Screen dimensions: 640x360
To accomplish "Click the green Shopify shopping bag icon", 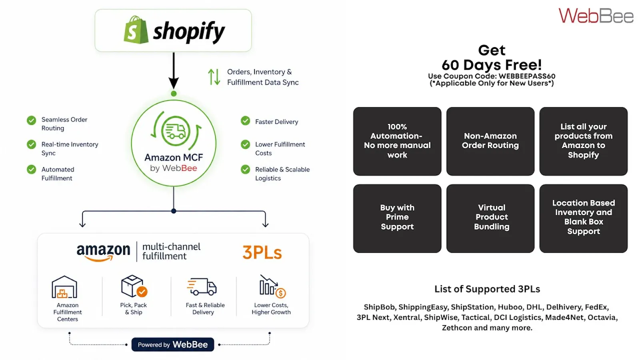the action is [x=136, y=30].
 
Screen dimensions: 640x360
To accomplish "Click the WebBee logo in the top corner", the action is [x=596, y=16].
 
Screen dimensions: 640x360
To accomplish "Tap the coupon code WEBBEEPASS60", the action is [x=527, y=76].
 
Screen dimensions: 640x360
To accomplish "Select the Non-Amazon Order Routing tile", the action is [x=490, y=141].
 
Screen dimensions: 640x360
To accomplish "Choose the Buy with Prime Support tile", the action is [x=397, y=218].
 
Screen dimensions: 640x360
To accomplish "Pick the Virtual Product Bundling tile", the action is [x=490, y=218].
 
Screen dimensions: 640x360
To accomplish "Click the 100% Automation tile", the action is [x=397, y=141].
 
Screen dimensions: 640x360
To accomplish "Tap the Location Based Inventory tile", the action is [x=584, y=218].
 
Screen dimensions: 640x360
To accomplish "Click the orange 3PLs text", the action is [x=262, y=252].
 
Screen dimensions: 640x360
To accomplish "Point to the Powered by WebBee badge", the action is [x=172, y=344].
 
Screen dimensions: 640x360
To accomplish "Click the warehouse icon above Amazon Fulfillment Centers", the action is [x=64, y=287].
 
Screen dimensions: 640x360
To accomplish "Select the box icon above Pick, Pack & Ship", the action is [x=134, y=286].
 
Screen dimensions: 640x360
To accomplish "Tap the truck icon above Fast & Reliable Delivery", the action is [x=202, y=286].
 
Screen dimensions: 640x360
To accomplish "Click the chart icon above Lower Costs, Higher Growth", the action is [x=272, y=286].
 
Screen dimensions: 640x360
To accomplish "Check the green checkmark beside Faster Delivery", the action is [x=245, y=121].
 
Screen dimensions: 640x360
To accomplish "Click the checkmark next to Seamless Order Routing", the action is [x=32, y=120].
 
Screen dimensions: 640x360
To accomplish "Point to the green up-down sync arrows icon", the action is [x=214, y=77].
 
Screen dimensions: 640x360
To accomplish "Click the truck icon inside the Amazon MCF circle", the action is [x=175, y=131].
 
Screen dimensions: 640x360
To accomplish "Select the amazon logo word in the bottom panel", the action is [x=103, y=252].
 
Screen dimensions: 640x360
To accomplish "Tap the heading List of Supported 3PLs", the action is [x=487, y=289].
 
